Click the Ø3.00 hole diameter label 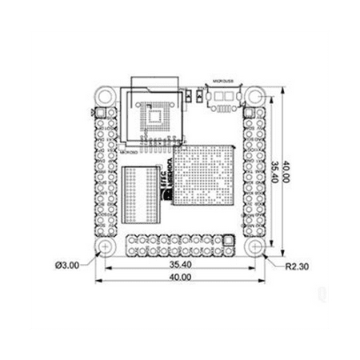tap(67, 262)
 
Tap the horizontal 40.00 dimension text tap(181, 278)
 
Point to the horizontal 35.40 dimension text tap(181, 264)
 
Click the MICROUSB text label tap(221, 82)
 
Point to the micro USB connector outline tap(222, 97)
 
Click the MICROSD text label tap(129, 148)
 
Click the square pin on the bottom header tap(230, 239)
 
